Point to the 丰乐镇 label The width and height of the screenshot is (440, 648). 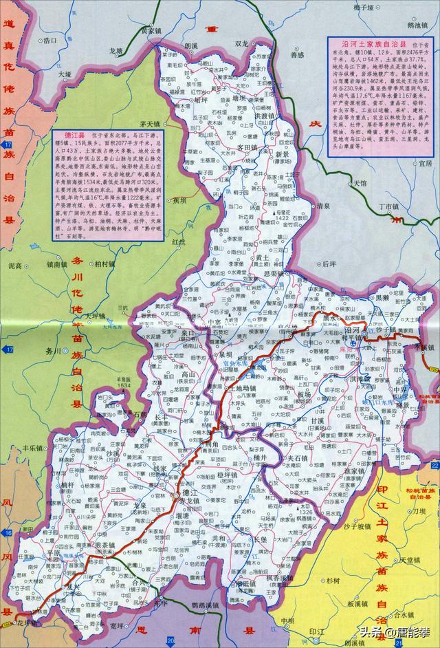[x=32, y=447]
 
